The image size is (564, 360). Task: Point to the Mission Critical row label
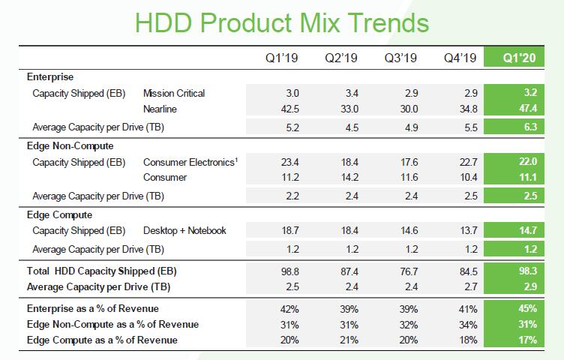174,94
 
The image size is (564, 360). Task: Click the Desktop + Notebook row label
184,231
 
